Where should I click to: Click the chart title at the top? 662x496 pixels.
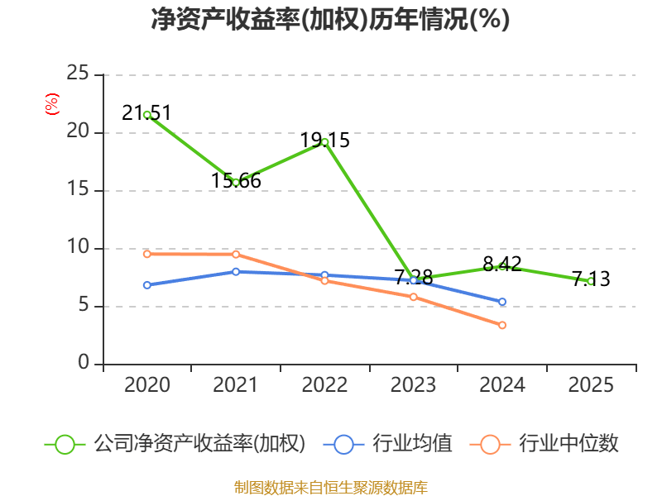click(330, 20)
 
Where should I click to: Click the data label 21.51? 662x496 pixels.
click(146, 113)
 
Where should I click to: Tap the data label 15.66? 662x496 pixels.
click(236, 180)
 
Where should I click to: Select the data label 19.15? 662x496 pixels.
click(324, 141)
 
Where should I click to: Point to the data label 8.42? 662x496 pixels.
click(502, 265)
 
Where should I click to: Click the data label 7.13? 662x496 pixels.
click(591, 279)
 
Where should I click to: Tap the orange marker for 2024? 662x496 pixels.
click(502, 326)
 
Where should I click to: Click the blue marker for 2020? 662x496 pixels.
click(146, 285)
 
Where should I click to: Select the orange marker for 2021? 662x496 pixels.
click(236, 255)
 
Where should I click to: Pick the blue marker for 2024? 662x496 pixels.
click(502, 303)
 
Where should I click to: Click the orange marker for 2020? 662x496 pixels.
click(146, 255)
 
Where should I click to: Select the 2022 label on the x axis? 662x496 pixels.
click(324, 385)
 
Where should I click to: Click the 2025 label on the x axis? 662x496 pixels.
click(591, 385)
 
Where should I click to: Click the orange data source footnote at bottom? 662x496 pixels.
click(330, 487)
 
